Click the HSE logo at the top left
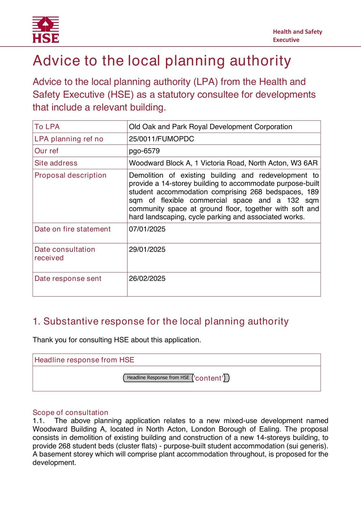coord(46,30)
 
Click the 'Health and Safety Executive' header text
coord(297,36)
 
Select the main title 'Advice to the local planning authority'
coord(162,61)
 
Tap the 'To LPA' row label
coord(47,127)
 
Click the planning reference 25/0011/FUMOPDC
coord(161,139)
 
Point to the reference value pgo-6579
coord(144,151)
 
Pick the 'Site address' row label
coord(56,163)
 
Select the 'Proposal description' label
coord(70,175)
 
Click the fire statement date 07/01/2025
coord(147,229)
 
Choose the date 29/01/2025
coord(147,249)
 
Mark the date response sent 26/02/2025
coord(147,278)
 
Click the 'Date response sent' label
coord(68,278)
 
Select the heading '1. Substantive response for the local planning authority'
coord(161,321)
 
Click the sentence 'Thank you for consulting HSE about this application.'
coord(117,340)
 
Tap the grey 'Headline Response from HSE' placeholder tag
coord(158,378)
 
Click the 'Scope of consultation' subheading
coord(70,412)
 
